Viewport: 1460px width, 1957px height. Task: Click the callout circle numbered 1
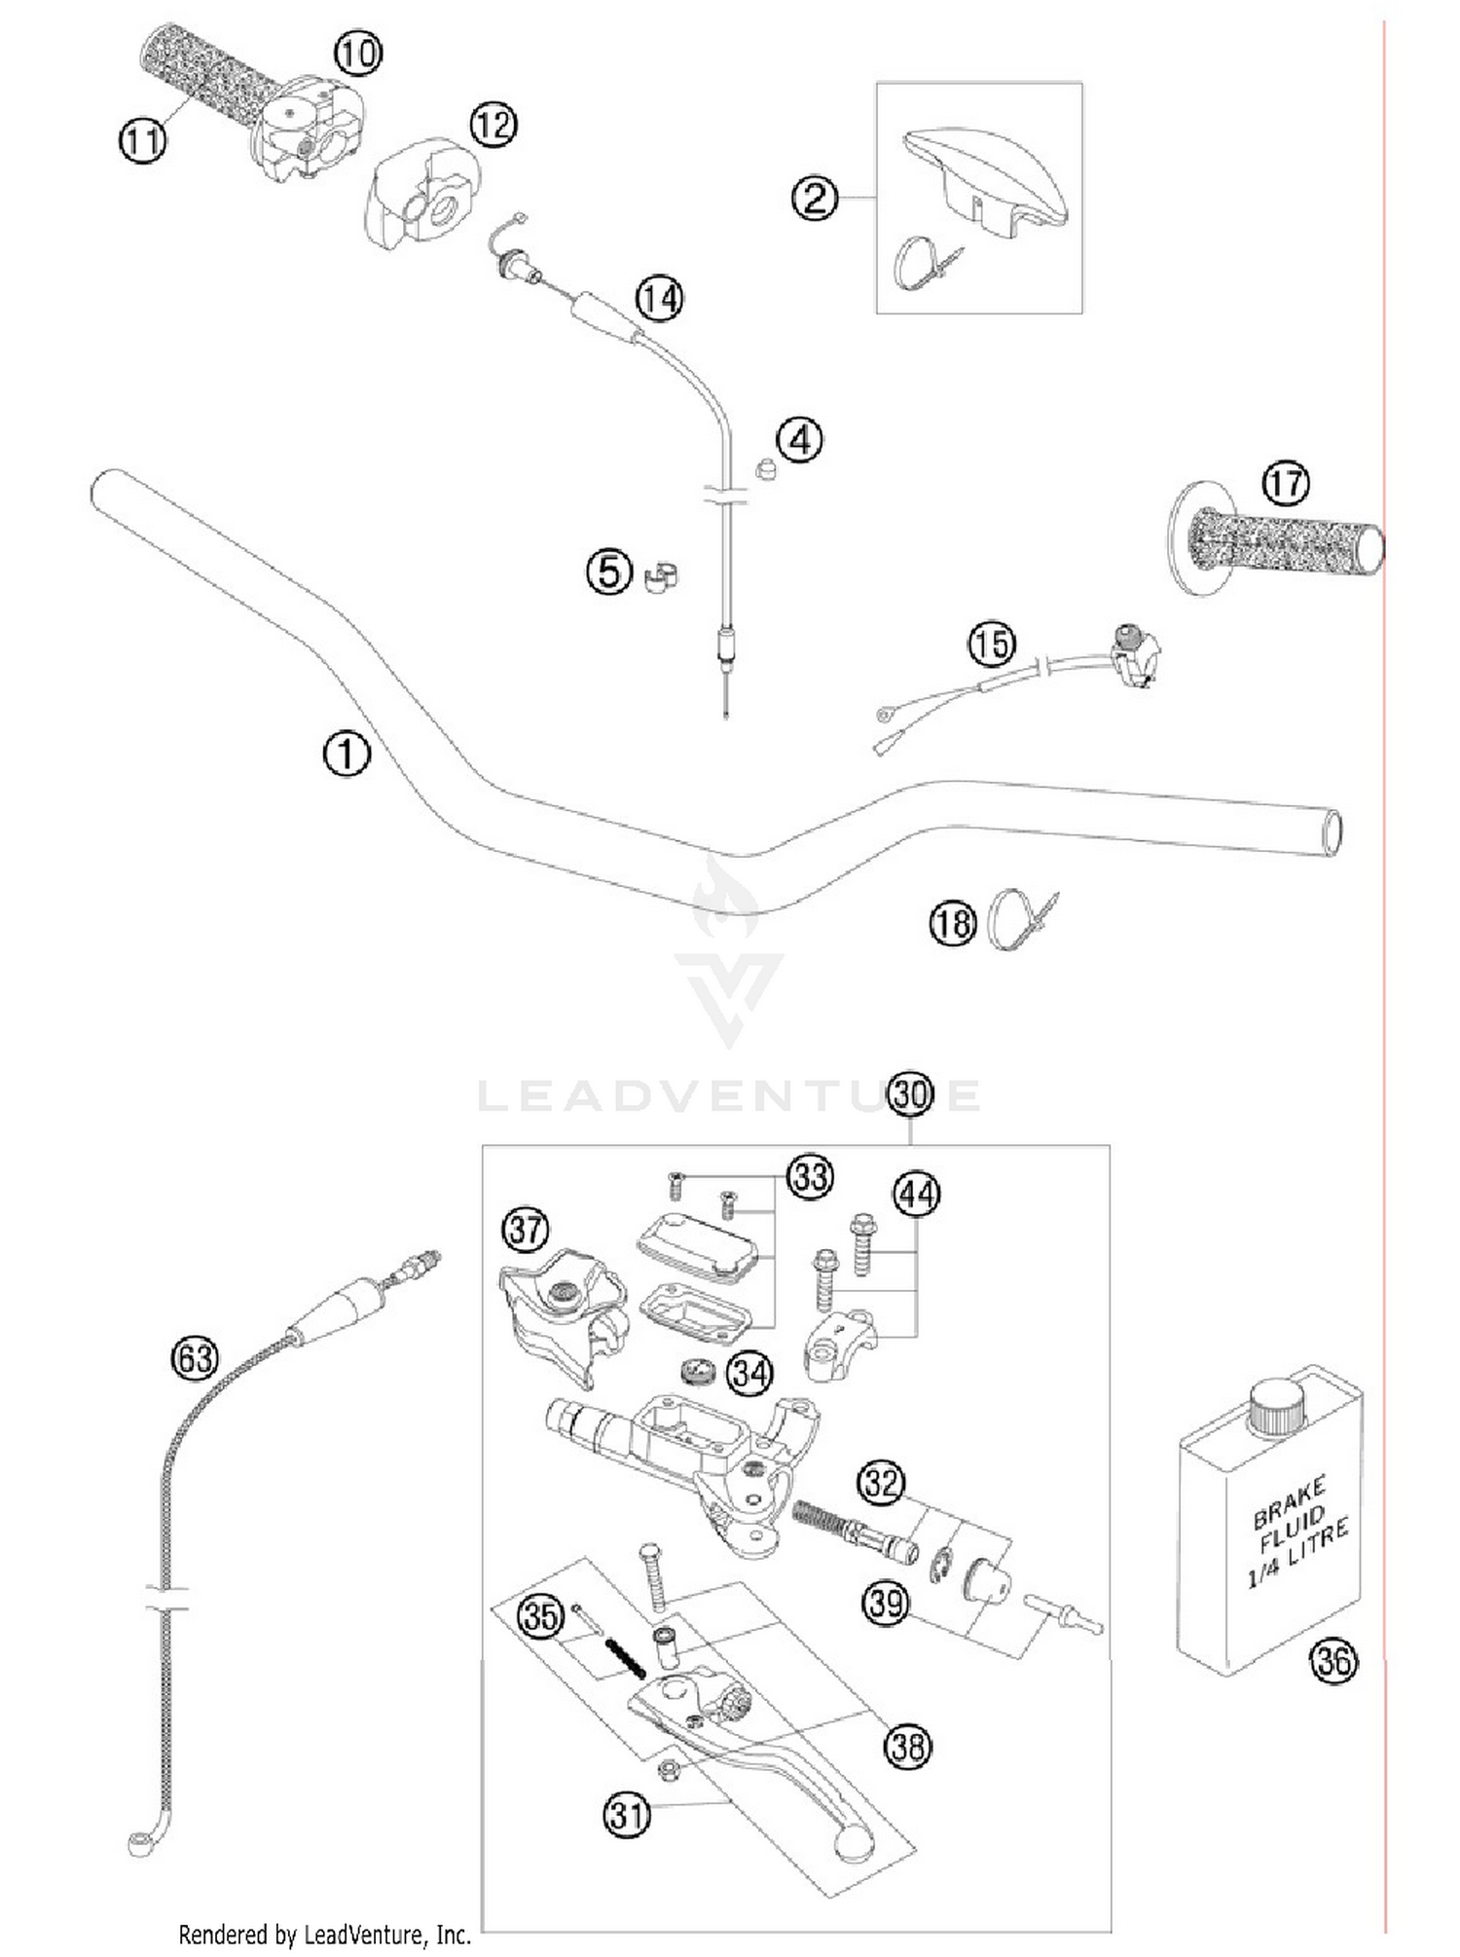pos(347,755)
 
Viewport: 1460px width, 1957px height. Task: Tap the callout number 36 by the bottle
pos(1333,1660)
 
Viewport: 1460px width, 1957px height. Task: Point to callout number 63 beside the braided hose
pos(195,1357)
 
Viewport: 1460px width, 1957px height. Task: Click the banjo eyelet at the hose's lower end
pos(137,1841)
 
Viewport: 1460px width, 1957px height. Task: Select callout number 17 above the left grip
pos(1286,483)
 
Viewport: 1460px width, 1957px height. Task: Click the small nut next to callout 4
pos(766,468)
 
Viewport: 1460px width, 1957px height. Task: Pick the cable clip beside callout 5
pos(662,576)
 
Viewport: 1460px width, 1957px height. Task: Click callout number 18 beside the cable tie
pos(952,922)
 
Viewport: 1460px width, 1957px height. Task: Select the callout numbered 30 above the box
pos(911,1094)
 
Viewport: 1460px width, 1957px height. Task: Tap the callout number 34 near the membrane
pos(750,1374)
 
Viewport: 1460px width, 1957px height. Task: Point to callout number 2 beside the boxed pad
pos(815,199)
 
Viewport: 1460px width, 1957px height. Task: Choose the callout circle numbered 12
pos(493,126)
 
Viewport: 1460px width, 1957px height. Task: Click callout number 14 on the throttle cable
pos(660,298)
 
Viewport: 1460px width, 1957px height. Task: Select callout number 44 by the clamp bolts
pos(917,1195)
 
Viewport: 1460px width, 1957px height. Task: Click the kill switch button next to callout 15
pos(1127,635)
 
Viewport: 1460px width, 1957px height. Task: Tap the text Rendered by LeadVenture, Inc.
pos(324,1935)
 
